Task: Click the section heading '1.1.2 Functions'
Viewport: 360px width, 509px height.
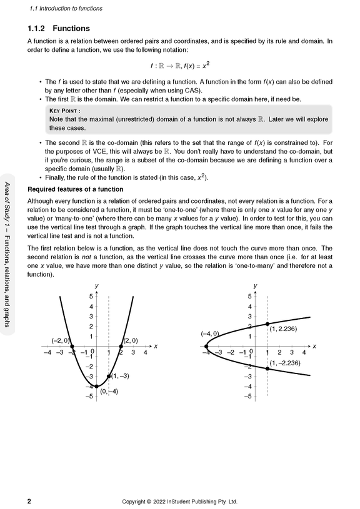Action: click(x=59, y=29)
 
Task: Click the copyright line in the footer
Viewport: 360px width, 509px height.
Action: click(x=179, y=501)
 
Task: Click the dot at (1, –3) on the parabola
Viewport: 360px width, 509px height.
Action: click(x=109, y=377)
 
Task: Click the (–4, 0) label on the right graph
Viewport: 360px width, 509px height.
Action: click(x=209, y=334)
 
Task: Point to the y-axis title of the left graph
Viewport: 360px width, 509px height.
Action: click(x=96, y=285)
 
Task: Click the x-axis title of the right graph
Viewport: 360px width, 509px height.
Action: click(x=314, y=346)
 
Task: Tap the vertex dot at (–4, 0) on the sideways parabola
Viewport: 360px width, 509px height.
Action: click(x=206, y=346)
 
